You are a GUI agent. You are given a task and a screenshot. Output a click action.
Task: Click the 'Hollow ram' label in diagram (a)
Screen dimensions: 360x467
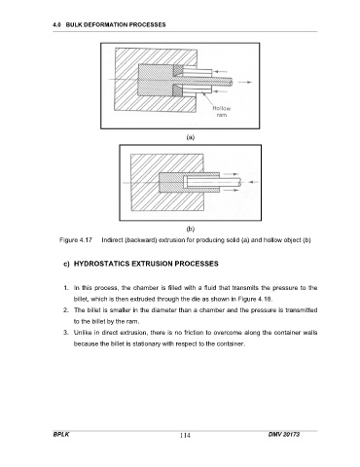pyautogui.click(x=222, y=112)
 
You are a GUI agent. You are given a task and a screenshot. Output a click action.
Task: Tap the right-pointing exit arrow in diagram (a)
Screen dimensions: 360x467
pyautogui.click(x=245, y=83)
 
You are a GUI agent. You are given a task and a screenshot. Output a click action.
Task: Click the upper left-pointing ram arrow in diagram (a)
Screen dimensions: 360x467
pyautogui.click(x=221, y=71)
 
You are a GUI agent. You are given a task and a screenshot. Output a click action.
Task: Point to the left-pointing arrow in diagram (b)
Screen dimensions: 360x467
pyautogui.click(x=253, y=182)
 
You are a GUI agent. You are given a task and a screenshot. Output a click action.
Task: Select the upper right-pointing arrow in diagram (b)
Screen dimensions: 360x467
pyautogui.click(x=232, y=174)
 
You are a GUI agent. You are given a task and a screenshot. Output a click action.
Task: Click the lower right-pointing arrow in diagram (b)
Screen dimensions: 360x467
pyautogui.click(x=232, y=191)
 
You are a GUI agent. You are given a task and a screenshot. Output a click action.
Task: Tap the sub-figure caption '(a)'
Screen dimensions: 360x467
pyautogui.click(x=191, y=137)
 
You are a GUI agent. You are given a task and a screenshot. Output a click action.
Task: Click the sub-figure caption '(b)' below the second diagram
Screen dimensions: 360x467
pyautogui.click(x=191, y=229)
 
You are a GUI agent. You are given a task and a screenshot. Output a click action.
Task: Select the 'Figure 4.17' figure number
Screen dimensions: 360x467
pyautogui.click(x=76, y=240)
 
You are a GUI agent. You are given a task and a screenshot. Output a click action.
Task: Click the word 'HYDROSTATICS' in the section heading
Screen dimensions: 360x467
pyautogui.click(x=102, y=264)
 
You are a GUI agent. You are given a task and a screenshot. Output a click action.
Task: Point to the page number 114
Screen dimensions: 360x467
pyautogui.click(x=185, y=435)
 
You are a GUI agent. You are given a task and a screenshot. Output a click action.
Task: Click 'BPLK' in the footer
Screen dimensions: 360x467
pyautogui.click(x=61, y=434)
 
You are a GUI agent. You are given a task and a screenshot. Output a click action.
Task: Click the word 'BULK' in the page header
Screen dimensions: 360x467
pyautogui.click(x=74, y=24)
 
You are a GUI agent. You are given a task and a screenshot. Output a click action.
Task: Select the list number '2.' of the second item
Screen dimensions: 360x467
pyautogui.click(x=66, y=310)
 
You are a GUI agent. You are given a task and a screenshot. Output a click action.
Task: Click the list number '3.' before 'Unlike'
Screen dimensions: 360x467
pyautogui.click(x=66, y=333)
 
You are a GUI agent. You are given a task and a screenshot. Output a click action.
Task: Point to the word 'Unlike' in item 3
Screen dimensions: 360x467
pyautogui.click(x=83, y=333)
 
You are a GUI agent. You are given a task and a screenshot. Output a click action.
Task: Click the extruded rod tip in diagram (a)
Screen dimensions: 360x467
pyautogui.click(x=231, y=83)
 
